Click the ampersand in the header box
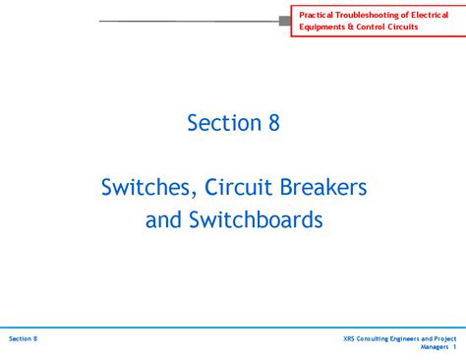(351, 27)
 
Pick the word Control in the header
(373, 27)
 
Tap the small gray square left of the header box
(285, 20)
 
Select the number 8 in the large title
(273, 123)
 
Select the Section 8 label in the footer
(23, 338)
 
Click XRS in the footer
(350, 338)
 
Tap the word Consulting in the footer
(377, 338)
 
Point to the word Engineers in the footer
(415, 338)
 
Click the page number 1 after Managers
(455, 347)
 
